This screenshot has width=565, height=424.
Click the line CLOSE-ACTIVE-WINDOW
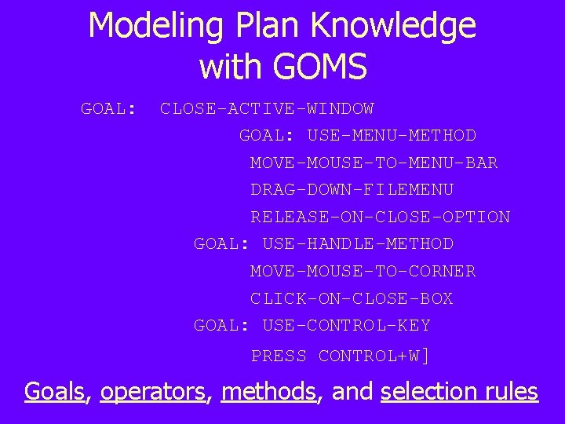pyautogui.click(x=267, y=109)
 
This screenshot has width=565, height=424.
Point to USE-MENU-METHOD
pyautogui.click(x=392, y=136)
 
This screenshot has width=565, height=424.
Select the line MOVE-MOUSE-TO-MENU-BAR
pyautogui.click(x=374, y=163)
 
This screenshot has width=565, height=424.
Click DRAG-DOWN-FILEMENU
pyautogui.click(x=352, y=190)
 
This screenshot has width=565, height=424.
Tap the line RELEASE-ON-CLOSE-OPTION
pyautogui.click(x=380, y=217)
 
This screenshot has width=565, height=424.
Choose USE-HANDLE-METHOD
pyautogui.click(x=358, y=244)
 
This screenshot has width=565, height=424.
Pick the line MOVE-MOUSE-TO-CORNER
pyautogui.click(x=363, y=272)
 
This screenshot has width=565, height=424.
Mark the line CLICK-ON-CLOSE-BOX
pyautogui.click(x=352, y=299)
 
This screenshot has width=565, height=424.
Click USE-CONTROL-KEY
pyautogui.click(x=346, y=326)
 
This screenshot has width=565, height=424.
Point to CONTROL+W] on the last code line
pyautogui.click(x=374, y=356)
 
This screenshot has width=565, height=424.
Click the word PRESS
pyautogui.click(x=279, y=356)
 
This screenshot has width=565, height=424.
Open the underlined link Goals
pyautogui.click(x=54, y=391)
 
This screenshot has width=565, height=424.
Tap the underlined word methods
pyautogui.click(x=268, y=391)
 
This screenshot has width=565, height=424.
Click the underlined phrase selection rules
pyautogui.click(x=459, y=391)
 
